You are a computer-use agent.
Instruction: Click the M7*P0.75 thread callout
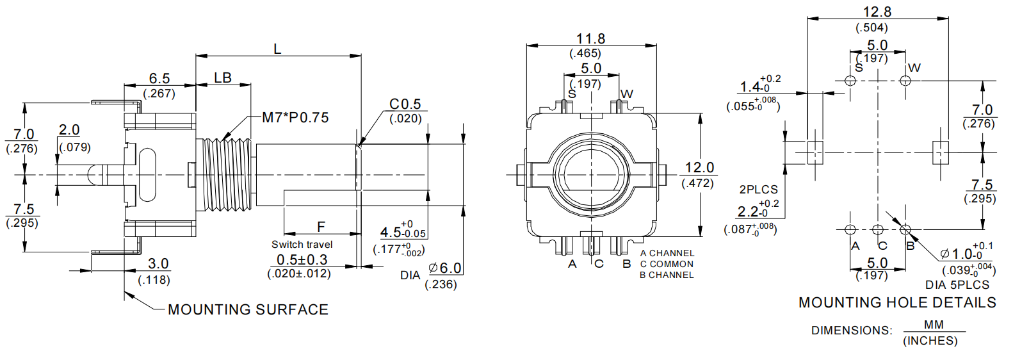click(295, 118)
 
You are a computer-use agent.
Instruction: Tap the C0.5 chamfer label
click(405, 104)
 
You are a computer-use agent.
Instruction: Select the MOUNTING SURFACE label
click(248, 309)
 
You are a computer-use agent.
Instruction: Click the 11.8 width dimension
click(590, 39)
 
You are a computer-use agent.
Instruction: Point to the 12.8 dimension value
click(877, 12)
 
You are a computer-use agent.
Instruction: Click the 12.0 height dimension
click(699, 168)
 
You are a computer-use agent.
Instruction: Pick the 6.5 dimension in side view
click(159, 79)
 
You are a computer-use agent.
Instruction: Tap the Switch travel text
click(302, 245)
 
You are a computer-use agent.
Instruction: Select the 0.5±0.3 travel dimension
click(302, 260)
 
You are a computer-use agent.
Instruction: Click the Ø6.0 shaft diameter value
click(444, 268)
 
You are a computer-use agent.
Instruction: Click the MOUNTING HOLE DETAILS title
click(897, 303)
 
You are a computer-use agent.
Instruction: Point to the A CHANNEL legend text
click(667, 254)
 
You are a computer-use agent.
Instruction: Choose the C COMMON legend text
click(667, 264)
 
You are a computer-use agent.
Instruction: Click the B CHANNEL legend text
click(667, 275)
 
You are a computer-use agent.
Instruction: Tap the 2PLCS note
click(758, 190)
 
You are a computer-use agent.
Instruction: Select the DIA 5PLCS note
click(957, 285)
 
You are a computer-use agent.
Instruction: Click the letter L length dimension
click(277, 49)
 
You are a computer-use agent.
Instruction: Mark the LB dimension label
click(222, 78)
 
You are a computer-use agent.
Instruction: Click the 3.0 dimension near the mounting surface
click(158, 264)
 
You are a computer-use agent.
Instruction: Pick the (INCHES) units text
click(930, 341)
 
